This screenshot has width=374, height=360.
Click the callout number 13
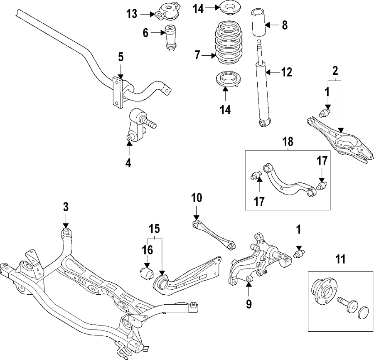(x=132, y=14)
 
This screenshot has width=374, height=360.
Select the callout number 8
(x=284, y=25)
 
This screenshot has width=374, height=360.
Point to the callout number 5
(x=121, y=56)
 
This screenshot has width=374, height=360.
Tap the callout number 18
(x=288, y=142)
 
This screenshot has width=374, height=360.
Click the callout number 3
(x=65, y=206)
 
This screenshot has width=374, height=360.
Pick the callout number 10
(x=197, y=197)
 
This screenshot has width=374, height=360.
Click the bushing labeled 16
(x=146, y=275)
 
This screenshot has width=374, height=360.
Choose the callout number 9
(x=249, y=304)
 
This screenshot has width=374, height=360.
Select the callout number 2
(x=335, y=71)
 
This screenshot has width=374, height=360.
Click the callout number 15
(x=154, y=228)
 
